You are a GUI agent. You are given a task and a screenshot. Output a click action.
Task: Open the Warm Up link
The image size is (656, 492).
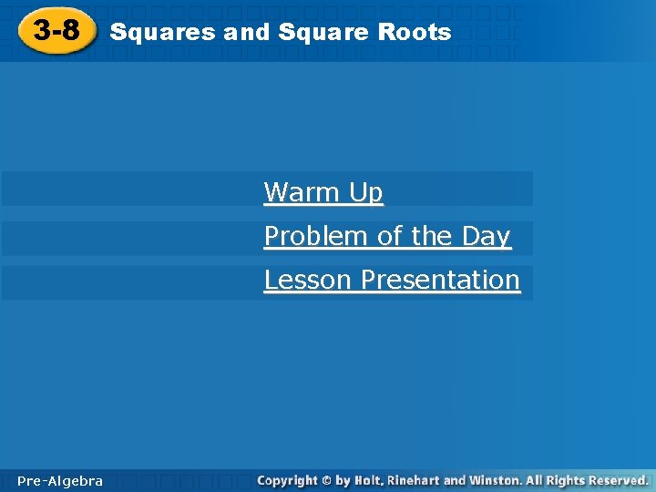click(x=323, y=192)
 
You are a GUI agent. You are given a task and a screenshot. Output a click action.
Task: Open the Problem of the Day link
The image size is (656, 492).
click(x=386, y=236)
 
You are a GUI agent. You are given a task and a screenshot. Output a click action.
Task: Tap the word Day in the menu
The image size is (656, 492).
click(x=486, y=236)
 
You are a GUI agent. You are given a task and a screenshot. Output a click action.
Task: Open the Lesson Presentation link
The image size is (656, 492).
click(x=392, y=280)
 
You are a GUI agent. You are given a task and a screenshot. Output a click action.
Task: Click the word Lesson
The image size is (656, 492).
click(x=309, y=280)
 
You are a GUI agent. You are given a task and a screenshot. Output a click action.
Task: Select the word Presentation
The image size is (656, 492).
click(x=441, y=280)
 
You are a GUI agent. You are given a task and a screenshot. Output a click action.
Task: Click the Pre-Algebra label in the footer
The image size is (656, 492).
click(x=60, y=480)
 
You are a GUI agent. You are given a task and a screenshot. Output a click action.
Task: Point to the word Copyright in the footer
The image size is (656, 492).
click(x=288, y=480)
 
